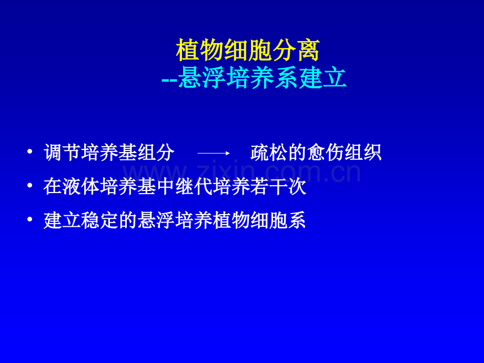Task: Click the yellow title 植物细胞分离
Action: (248, 51)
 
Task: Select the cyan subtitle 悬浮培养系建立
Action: (262, 78)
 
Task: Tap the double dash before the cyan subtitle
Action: (169, 79)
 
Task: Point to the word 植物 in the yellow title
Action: (199, 51)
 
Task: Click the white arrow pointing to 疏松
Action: (214, 153)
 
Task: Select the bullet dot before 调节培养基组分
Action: (29, 152)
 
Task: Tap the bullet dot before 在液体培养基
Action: (29, 186)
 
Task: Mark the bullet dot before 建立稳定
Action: (29, 219)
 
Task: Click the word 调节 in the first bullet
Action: (62, 153)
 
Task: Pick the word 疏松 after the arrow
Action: (269, 153)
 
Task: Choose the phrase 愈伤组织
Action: (344, 153)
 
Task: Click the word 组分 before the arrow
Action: (156, 153)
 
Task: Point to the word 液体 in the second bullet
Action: (81, 186)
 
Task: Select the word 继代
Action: (194, 186)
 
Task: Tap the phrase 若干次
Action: (278, 186)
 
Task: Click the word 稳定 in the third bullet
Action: (100, 220)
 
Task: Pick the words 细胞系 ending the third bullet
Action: (278, 220)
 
